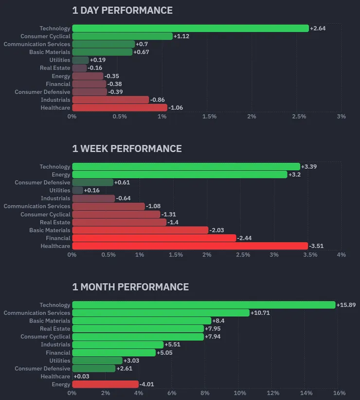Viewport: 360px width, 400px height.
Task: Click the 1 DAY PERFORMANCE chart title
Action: (122, 10)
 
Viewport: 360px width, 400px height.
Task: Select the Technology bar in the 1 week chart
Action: (186, 166)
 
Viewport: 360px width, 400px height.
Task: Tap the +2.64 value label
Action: (318, 28)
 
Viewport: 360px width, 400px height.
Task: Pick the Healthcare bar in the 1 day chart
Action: (120, 108)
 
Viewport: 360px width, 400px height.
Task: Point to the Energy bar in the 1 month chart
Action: (105, 384)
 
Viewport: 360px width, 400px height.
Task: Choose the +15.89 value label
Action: (346, 305)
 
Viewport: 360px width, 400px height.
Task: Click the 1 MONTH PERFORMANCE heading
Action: (130, 287)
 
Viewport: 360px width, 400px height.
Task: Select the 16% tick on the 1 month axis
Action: (339, 393)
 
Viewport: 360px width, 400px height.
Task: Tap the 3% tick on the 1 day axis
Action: (341, 116)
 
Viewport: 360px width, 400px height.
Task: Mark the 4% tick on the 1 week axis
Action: (341, 255)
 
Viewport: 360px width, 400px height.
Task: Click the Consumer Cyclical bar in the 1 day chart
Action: (122, 36)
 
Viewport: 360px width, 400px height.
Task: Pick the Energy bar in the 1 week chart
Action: (180, 174)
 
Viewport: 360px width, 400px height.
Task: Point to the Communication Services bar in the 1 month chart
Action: (161, 313)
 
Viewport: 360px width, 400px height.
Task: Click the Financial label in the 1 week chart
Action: (58, 238)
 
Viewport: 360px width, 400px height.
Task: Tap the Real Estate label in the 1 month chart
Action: (55, 328)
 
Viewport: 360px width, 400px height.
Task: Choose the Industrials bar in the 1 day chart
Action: (110, 100)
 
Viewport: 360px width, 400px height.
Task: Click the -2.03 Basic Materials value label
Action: (216, 230)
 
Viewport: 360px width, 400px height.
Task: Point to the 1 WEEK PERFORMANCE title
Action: (127, 148)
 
